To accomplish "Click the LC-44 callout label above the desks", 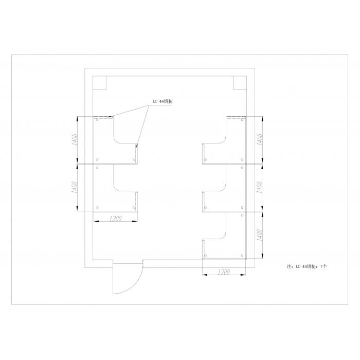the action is pos(163,101).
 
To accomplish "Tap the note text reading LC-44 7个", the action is pos(307,266).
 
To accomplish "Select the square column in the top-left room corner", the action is pos(99,83).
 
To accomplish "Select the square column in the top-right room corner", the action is pos(240,83).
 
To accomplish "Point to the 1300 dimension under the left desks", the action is pos(116,219).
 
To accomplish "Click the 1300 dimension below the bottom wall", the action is pos(224,272).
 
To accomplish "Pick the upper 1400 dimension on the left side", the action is pos(75,139).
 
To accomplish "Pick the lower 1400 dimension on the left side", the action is pos(75,187).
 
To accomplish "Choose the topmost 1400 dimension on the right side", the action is pos(260,139).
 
